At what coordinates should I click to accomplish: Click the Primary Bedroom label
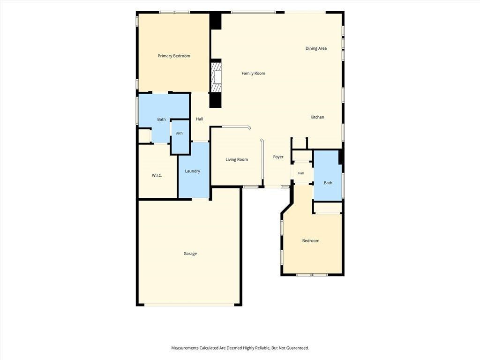(x=174, y=56)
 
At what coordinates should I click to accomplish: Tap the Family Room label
(x=254, y=73)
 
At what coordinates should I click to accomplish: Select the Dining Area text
(x=316, y=48)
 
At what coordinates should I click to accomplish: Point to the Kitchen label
(x=317, y=117)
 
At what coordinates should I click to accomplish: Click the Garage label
(x=190, y=254)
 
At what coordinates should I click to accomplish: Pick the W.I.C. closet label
(x=157, y=175)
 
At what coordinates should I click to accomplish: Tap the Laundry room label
(x=193, y=171)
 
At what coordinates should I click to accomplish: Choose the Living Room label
(x=237, y=159)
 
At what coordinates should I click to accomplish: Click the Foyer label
(x=278, y=157)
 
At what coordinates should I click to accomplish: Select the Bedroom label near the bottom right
(x=311, y=240)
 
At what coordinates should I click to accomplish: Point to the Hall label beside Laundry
(x=200, y=119)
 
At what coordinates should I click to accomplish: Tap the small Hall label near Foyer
(x=301, y=173)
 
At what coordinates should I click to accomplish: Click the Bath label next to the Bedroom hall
(x=328, y=183)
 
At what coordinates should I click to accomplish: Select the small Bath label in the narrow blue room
(x=179, y=133)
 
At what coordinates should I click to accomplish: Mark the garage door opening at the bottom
(x=189, y=305)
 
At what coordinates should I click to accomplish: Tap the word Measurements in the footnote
(x=185, y=348)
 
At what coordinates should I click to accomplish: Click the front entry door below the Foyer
(x=277, y=187)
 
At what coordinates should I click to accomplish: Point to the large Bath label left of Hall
(x=162, y=120)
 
